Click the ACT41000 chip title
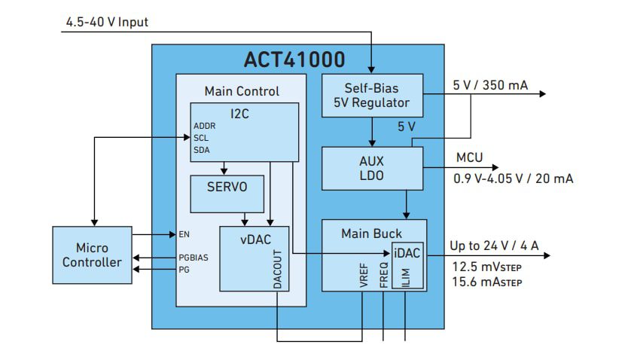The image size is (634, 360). (294, 59)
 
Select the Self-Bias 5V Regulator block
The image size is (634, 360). (372, 95)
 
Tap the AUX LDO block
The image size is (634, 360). (372, 168)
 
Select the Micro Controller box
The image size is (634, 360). (92, 255)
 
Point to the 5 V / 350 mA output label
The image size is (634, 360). (489, 85)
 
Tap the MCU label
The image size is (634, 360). (469, 159)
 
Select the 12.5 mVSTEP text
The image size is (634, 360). (486, 267)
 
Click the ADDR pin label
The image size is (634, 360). (205, 126)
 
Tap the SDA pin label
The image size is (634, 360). (202, 150)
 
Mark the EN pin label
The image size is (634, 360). (184, 234)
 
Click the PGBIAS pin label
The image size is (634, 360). (194, 257)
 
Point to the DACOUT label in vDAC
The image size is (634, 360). (277, 270)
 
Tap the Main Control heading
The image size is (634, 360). (242, 91)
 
